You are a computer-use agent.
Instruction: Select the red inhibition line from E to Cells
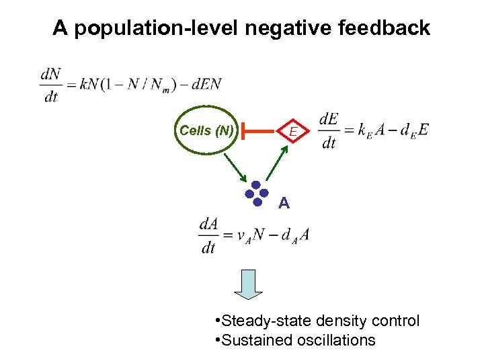pos(259,131)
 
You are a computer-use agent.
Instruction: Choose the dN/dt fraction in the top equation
pos(50,85)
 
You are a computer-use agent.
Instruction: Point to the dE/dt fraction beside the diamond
pos(329,130)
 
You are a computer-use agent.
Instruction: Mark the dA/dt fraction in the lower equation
pos(208,236)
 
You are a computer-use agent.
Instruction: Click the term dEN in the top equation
pos(207,84)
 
